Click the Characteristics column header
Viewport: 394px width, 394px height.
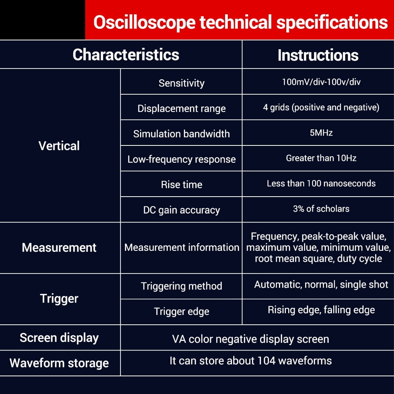tap(126, 55)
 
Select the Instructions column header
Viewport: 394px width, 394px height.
tap(318, 55)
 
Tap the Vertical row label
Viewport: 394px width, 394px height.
tap(59, 146)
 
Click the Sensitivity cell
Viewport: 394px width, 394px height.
tap(182, 83)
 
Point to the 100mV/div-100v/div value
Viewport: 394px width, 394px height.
tap(321, 82)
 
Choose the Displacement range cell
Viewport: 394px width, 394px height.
tap(182, 109)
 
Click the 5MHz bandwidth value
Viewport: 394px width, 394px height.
tap(321, 132)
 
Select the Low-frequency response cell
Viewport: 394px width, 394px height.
tap(182, 159)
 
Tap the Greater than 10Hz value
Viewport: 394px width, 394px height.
tap(321, 158)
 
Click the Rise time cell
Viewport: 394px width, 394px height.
tap(182, 185)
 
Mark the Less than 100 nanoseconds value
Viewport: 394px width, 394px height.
tap(321, 184)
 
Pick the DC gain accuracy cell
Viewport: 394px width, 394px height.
tap(182, 210)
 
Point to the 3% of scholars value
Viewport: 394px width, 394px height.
tap(321, 209)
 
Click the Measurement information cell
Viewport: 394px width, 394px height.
tap(182, 247)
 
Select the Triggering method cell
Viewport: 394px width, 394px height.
tap(182, 286)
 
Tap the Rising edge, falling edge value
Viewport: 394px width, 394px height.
tap(321, 310)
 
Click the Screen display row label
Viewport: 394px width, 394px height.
tap(59, 338)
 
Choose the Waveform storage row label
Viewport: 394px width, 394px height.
tap(59, 363)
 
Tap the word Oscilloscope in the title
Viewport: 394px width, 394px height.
tap(144, 23)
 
